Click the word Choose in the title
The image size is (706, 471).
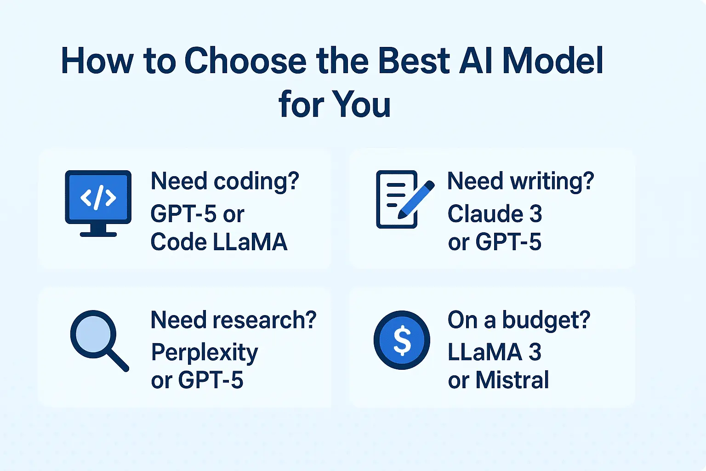pyautogui.click(x=245, y=61)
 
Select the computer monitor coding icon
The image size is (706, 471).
pyautogui.click(x=98, y=203)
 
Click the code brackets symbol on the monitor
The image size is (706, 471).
pyautogui.click(x=98, y=198)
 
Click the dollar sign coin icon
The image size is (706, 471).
pyautogui.click(x=402, y=340)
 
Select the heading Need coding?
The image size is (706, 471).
pyautogui.click(x=225, y=181)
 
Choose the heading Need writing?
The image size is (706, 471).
pyautogui.click(x=520, y=181)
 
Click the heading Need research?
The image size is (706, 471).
pyautogui.click(x=233, y=320)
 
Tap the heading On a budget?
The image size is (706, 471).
pyautogui.click(x=518, y=320)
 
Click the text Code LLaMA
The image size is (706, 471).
pyautogui.click(x=219, y=242)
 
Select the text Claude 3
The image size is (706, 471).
pyautogui.click(x=495, y=214)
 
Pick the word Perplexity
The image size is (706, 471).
pyautogui.click(x=205, y=353)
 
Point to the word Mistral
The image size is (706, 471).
pyautogui.click(x=512, y=380)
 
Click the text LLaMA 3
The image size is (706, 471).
pyautogui.click(x=495, y=352)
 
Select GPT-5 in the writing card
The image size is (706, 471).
pyautogui.click(x=508, y=242)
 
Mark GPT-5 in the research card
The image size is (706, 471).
pyautogui.click(x=211, y=380)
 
